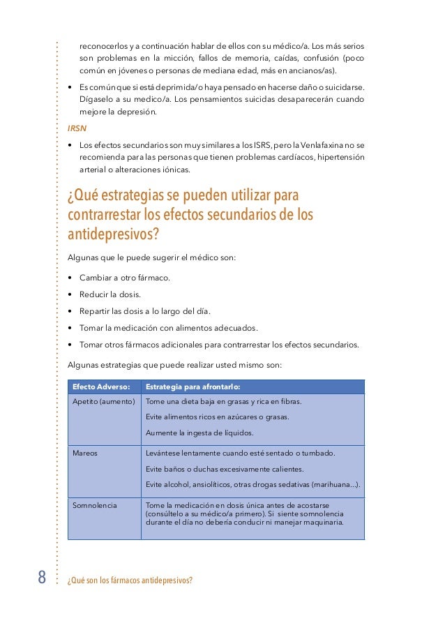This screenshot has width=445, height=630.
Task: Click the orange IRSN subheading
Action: (77, 129)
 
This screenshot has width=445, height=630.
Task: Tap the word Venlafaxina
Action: (324, 144)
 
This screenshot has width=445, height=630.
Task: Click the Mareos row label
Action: (85, 453)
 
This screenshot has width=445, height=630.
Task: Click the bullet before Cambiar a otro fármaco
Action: (71, 278)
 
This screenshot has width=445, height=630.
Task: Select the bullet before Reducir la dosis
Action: (71, 294)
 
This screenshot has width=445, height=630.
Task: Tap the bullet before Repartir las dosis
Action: (71, 311)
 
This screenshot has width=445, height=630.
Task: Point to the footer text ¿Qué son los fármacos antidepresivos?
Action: (130, 580)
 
